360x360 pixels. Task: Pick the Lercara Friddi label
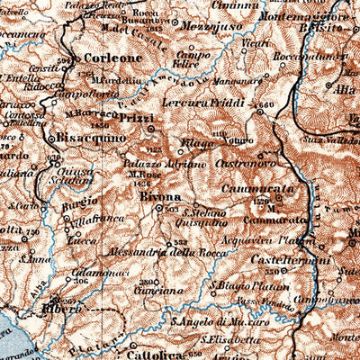216,103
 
